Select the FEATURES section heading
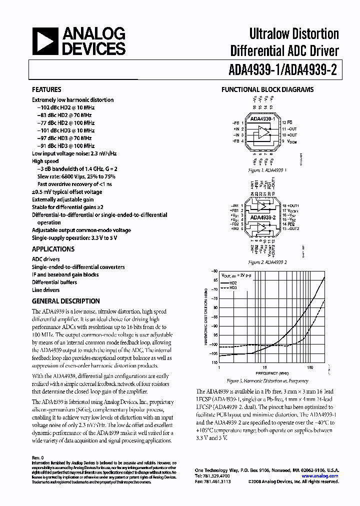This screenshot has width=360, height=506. pos(47,90)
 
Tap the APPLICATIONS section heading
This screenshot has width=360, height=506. pos(53,249)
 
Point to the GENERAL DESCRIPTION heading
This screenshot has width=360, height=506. pos(65,301)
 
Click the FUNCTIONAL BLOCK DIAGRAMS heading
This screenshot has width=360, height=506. pos(267,90)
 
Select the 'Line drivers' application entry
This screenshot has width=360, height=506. pos(45,290)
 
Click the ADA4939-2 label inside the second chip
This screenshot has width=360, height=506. pos(261,217)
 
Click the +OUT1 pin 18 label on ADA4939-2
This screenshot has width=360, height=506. pos(291,206)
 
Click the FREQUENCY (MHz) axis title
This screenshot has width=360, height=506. pos(272,373)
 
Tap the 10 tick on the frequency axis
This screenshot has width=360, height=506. pos(264,367)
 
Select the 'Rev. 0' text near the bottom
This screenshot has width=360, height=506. pos(38,458)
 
